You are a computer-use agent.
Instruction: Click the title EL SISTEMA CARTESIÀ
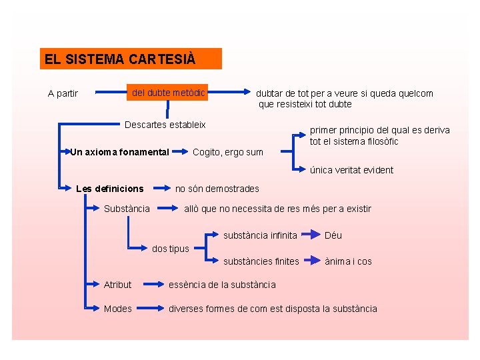(120, 59)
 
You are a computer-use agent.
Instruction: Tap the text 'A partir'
(63, 93)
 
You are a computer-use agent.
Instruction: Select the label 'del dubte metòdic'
(168, 92)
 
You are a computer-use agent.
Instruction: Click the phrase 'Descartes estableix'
(165, 125)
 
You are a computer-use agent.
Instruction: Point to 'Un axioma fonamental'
(120, 152)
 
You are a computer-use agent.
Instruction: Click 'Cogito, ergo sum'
(228, 153)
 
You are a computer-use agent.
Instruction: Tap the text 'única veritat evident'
(351, 170)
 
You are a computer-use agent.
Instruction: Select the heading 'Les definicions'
(110, 189)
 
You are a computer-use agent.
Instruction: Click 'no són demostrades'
(217, 189)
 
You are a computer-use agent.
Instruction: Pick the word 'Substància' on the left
(127, 209)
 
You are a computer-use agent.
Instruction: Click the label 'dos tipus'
(171, 249)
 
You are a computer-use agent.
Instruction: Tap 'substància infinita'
(260, 235)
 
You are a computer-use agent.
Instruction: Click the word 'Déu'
(333, 235)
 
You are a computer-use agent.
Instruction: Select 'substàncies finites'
(261, 261)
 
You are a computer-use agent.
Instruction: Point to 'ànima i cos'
(348, 261)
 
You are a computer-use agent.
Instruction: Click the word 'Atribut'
(117, 285)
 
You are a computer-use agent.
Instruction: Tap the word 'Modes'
(117, 309)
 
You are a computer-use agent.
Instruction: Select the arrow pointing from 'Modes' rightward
(150, 309)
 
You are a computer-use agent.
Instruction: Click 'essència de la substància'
(222, 285)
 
